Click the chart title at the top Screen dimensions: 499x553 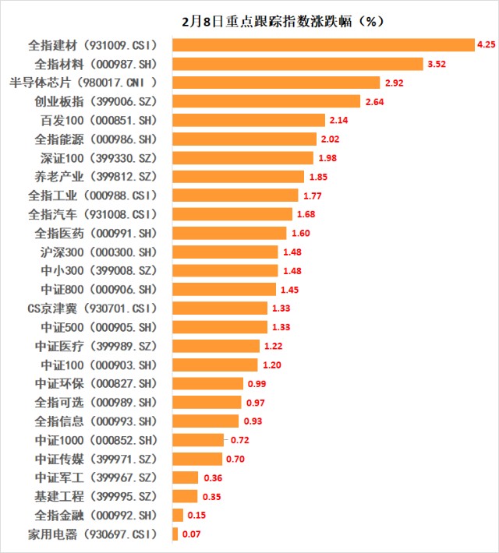283,22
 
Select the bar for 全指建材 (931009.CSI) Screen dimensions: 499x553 324,45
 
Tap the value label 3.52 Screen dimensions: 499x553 437,64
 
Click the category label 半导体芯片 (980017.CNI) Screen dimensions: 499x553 83,83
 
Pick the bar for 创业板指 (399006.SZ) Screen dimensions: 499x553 267,101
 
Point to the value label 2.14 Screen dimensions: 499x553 338,120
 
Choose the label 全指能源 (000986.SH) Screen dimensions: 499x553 95,139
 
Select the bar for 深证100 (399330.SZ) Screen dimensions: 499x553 243,158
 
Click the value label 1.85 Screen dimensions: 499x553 319,177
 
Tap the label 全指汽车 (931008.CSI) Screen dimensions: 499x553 93,214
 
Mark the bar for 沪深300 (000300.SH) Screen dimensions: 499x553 225,252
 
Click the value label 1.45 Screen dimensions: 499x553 289,290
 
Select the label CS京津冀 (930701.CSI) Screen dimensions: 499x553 93,308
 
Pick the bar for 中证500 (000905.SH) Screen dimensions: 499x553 220,327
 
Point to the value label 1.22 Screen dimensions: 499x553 274,346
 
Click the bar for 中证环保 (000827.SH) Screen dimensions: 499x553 208,384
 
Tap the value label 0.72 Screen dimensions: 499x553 240,440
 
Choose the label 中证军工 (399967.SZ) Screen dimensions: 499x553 96,478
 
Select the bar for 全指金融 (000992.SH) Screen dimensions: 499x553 178,516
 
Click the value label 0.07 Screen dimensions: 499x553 191,534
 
